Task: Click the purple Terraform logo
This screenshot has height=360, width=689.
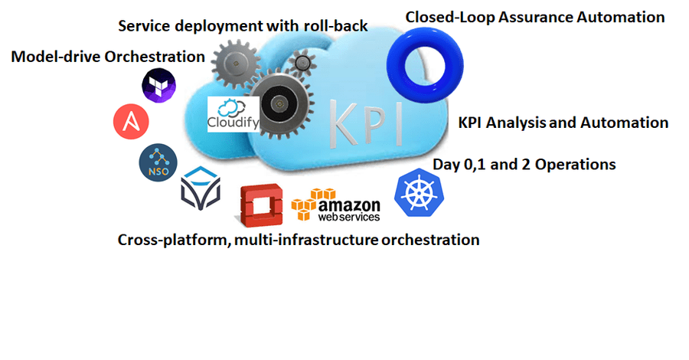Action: [158, 85]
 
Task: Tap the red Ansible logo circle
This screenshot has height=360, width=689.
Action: [131, 121]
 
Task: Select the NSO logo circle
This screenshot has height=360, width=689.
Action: [158, 162]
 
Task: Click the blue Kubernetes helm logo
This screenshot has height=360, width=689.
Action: [420, 192]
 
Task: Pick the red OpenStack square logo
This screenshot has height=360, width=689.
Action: [260, 205]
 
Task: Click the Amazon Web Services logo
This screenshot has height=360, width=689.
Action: [336, 205]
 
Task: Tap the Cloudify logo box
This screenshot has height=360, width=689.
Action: [233, 114]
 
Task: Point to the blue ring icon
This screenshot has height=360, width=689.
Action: [425, 65]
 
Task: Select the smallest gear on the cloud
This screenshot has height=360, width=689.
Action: [302, 63]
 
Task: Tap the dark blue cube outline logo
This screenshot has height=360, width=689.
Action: [201, 188]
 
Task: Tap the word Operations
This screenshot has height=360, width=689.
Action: [575, 165]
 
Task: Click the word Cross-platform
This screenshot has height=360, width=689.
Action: [175, 240]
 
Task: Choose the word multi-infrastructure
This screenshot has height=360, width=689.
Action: [306, 240]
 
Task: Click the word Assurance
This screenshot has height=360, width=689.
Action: [536, 18]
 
